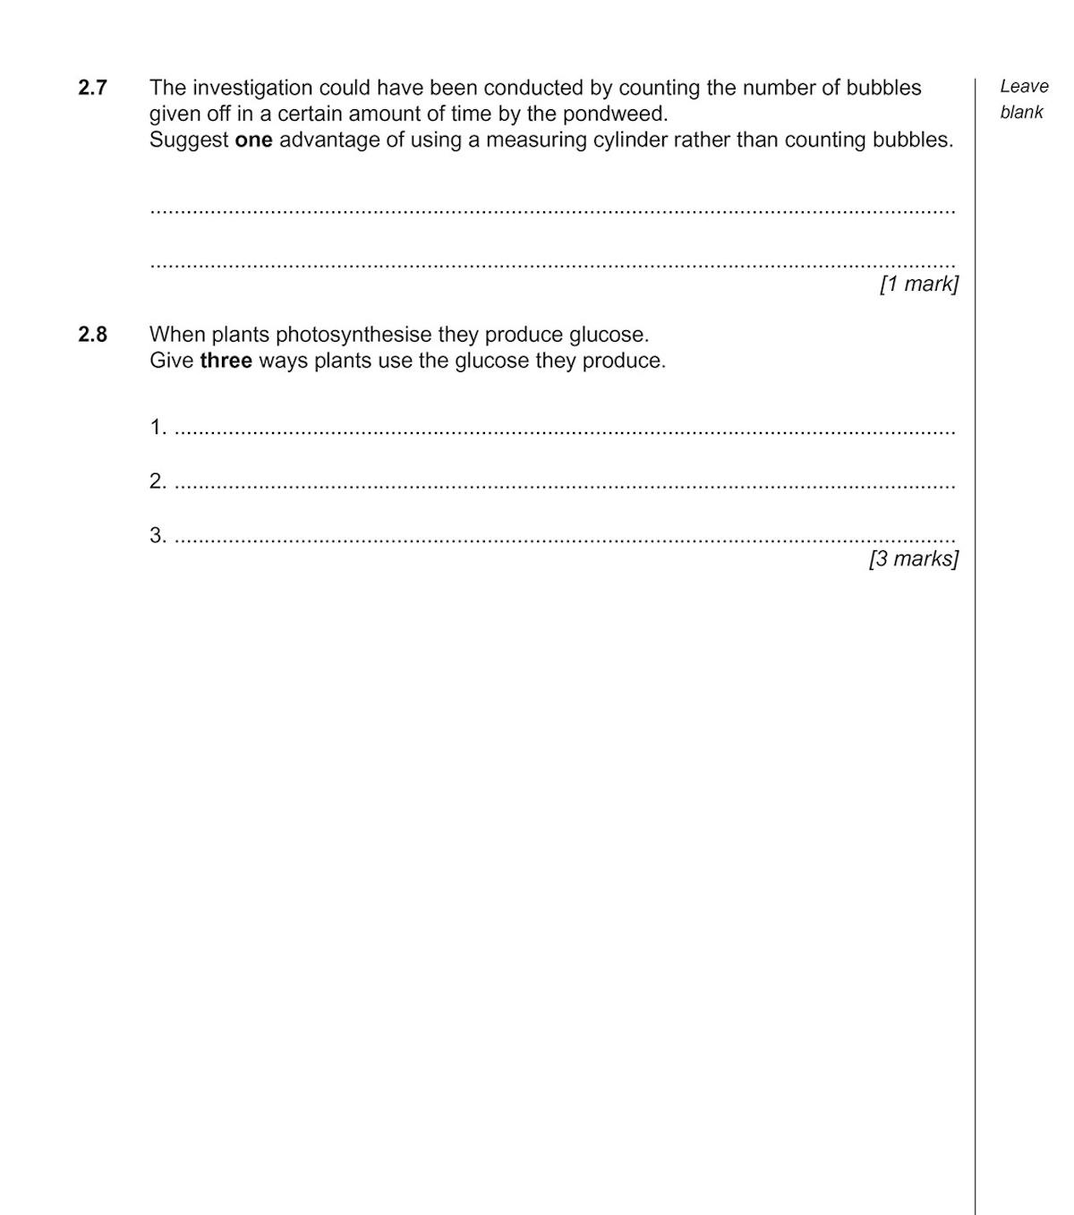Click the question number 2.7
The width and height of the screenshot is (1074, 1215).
[x=92, y=88]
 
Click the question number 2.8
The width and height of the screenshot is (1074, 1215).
[x=92, y=335]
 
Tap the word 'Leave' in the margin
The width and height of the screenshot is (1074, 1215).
[x=1024, y=87]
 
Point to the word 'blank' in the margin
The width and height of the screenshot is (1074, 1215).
[x=1021, y=113]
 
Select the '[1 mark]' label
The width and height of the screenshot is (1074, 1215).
[x=918, y=285]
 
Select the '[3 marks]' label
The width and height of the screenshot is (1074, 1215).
[x=913, y=559]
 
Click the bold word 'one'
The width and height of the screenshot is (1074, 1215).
[x=253, y=140]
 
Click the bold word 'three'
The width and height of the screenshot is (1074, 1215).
[x=226, y=361]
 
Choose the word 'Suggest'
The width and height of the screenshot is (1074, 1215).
[x=188, y=140]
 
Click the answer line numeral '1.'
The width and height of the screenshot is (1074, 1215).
[x=158, y=428]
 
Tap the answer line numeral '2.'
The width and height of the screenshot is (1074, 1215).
[x=158, y=481]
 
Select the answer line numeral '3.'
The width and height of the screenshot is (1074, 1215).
[x=158, y=536]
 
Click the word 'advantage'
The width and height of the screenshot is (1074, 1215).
[x=329, y=140]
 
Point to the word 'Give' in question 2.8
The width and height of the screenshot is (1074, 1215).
[x=171, y=361]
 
